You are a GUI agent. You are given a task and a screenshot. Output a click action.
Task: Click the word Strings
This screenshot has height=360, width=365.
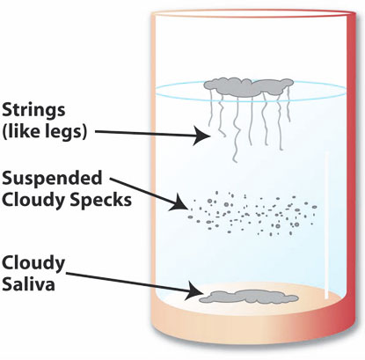pos(33,111)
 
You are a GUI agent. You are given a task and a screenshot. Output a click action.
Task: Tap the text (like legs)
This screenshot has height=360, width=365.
pos(44,131)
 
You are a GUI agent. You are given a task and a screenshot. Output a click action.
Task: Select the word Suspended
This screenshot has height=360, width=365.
pos(52,179)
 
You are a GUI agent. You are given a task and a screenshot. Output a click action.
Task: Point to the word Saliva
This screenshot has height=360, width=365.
pos(28,283)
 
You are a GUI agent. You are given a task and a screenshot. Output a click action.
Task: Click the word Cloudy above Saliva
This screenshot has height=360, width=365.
pos(33,264)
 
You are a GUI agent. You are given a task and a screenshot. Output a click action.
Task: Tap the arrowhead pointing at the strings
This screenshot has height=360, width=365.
pos(201,136)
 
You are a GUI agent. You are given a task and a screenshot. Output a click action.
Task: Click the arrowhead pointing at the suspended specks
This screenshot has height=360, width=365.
pos(179,203)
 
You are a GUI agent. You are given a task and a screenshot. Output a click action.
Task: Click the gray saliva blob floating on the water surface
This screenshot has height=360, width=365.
pos(249,87)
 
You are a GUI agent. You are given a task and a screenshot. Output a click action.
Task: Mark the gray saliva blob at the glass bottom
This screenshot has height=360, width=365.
pos(249,297)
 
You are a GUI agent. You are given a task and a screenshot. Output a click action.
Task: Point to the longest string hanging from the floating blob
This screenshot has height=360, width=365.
pos(235,129)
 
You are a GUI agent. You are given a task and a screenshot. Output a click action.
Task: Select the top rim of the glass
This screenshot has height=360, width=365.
pos(252,14)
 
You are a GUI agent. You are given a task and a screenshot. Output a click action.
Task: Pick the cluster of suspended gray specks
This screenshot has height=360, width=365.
pos(252,213)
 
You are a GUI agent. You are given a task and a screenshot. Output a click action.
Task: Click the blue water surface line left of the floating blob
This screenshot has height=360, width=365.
pos(179,88)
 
